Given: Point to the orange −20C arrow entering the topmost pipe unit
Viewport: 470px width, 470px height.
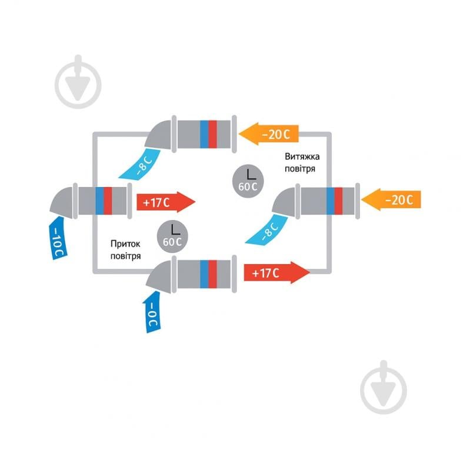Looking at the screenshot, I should point(270,134).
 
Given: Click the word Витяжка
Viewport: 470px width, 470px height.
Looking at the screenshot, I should point(303,157).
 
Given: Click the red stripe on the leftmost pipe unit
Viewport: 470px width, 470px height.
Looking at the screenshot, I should point(108,201).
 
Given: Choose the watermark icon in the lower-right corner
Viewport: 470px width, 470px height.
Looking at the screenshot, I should point(384,385).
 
